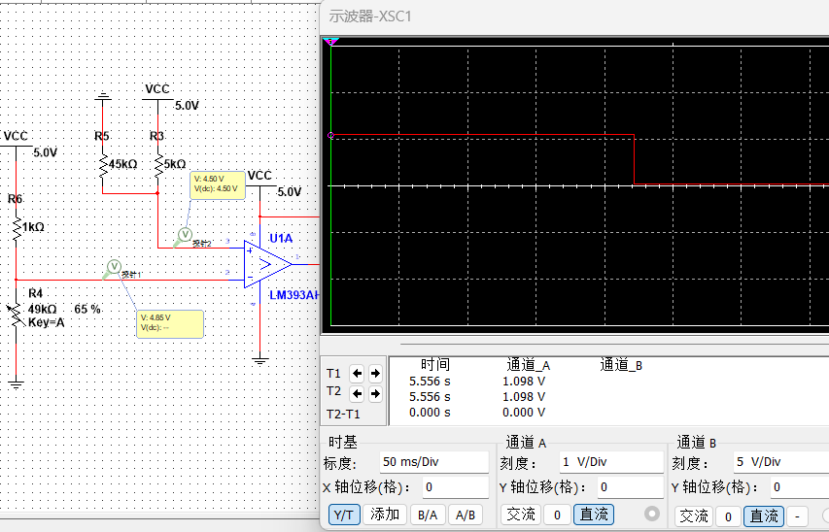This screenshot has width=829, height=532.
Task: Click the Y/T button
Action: [x=343, y=515]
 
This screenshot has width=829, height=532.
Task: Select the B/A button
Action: [x=428, y=515]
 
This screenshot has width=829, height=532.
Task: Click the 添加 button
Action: [x=385, y=515]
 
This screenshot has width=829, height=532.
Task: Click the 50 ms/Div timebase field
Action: [x=432, y=462]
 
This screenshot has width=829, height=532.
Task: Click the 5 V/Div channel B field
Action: [x=777, y=462]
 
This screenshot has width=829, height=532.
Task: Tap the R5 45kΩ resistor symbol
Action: [x=104, y=166]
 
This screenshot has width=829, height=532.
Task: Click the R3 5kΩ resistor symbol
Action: [x=157, y=166]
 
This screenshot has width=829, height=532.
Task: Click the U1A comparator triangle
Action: [x=268, y=263]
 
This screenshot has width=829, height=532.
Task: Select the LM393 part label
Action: [x=294, y=295]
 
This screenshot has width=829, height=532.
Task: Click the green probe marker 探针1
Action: [x=113, y=266]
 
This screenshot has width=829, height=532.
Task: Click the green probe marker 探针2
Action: [x=184, y=234]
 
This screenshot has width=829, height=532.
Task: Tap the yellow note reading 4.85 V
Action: [x=170, y=323]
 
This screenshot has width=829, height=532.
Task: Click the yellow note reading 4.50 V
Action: [x=217, y=184]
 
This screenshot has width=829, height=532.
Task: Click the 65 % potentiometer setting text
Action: [x=87, y=309]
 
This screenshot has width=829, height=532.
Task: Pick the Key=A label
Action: [x=46, y=322]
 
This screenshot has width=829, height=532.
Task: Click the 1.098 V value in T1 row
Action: [x=524, y=382]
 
